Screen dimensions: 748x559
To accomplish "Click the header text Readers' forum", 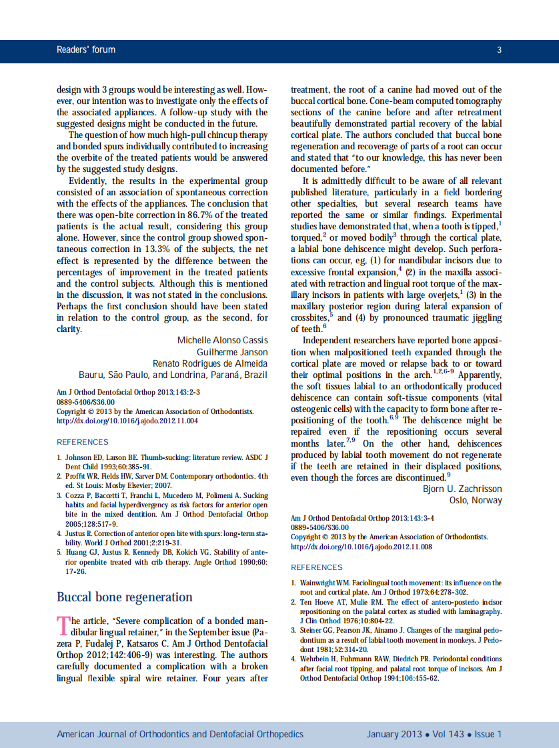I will (86, 49).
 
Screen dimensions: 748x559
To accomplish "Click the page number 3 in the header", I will (499, 49).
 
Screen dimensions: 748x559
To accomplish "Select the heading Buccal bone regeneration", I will (124, 597).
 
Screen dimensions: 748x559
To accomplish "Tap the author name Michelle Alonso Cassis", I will (222, 341).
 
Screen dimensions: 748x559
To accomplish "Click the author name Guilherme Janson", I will (231, 352).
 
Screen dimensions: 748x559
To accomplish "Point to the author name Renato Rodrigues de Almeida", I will (210, 363).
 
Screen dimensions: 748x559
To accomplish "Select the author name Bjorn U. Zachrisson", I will (462, 489).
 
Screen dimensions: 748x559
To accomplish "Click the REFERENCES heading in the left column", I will (82, 442).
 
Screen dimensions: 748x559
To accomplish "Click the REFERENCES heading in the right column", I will (316, 567).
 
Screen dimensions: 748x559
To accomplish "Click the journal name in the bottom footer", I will (179, 734).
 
